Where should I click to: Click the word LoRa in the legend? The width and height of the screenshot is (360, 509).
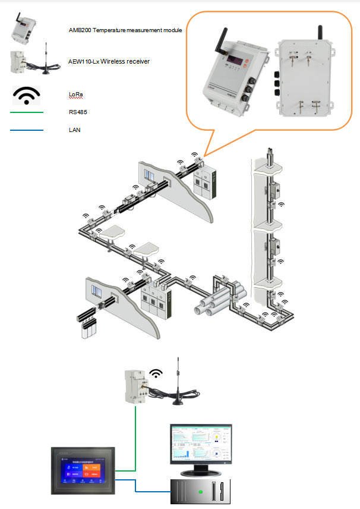(x=76, y=94)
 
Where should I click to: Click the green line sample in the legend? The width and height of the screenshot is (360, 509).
(x=27, y=112)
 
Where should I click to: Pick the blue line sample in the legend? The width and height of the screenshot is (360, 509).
(x=27, y=130)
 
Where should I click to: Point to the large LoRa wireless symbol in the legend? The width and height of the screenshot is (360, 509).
(x=27, y=95)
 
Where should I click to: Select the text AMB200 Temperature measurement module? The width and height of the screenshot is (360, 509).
(x=125, y=29)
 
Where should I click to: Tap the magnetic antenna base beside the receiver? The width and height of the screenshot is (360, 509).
(x=178, y=402)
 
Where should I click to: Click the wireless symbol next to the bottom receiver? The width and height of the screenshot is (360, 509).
(x=156, y=373)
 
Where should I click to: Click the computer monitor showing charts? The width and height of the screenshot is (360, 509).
(x=201, y=447)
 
